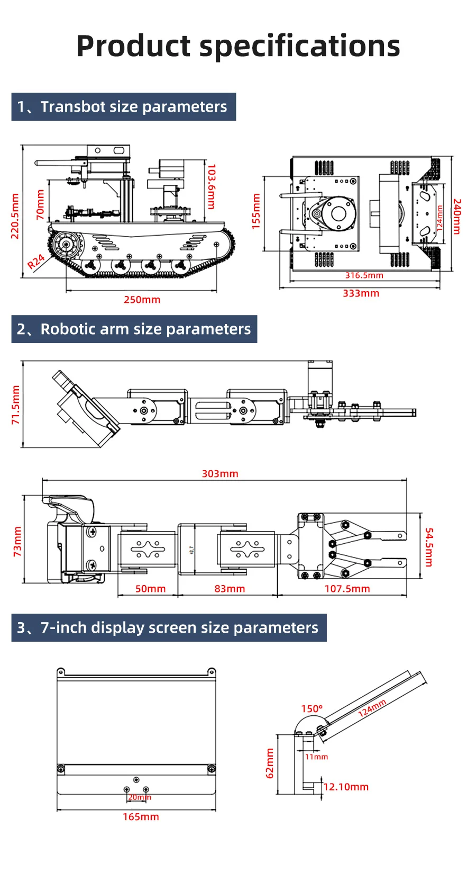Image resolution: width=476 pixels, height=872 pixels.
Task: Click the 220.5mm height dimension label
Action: (15, 216)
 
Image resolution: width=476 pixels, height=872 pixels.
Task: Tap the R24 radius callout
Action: (36, 262)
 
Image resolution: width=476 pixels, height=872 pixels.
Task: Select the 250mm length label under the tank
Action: (142, 300)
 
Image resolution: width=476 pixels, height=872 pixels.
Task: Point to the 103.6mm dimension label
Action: (212, 186)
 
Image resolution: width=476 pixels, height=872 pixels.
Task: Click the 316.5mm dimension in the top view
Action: (364, 275)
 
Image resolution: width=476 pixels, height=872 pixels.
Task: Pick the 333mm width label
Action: (361, 293)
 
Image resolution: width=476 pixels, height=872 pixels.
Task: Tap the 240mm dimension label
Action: (457, 217)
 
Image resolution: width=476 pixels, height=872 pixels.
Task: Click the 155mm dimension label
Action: (257, 211)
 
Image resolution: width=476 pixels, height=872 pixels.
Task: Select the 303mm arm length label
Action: (220, 474)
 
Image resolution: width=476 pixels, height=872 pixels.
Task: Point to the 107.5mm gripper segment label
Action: (347, 589)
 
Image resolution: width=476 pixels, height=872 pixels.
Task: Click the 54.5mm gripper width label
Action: (429, 547)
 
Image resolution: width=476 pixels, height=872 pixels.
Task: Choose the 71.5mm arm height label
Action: (15, 404)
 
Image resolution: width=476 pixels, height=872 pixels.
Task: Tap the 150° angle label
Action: (312, 708)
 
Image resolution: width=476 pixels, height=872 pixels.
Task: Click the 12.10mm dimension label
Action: (346, 787)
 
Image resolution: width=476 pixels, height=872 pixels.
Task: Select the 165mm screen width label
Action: (141, 817)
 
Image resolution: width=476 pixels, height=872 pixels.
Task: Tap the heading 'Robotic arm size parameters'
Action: (145, 329)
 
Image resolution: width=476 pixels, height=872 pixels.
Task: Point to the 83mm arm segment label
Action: (230, 589)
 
